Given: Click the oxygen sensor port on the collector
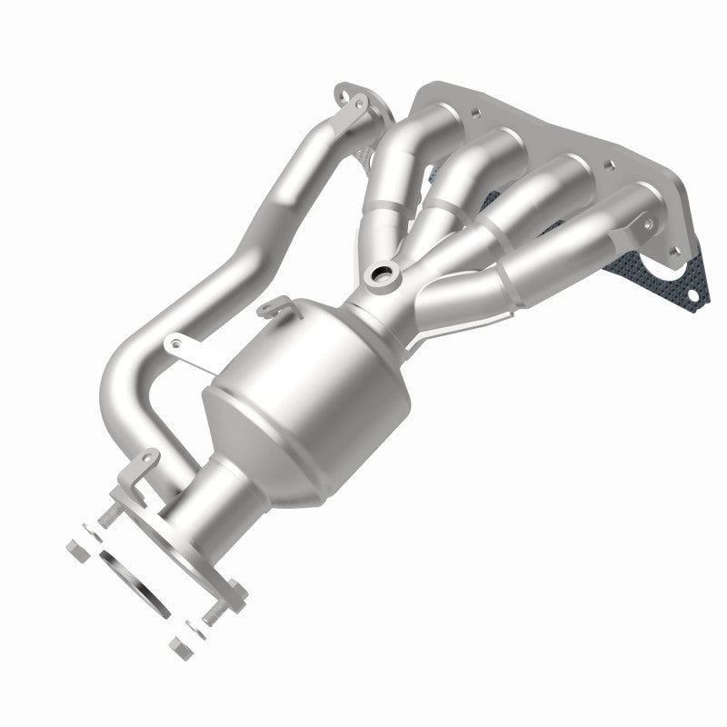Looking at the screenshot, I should pos(381,275).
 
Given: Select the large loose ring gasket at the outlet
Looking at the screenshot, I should pos(135,582).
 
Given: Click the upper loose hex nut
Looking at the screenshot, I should pos(77,549).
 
